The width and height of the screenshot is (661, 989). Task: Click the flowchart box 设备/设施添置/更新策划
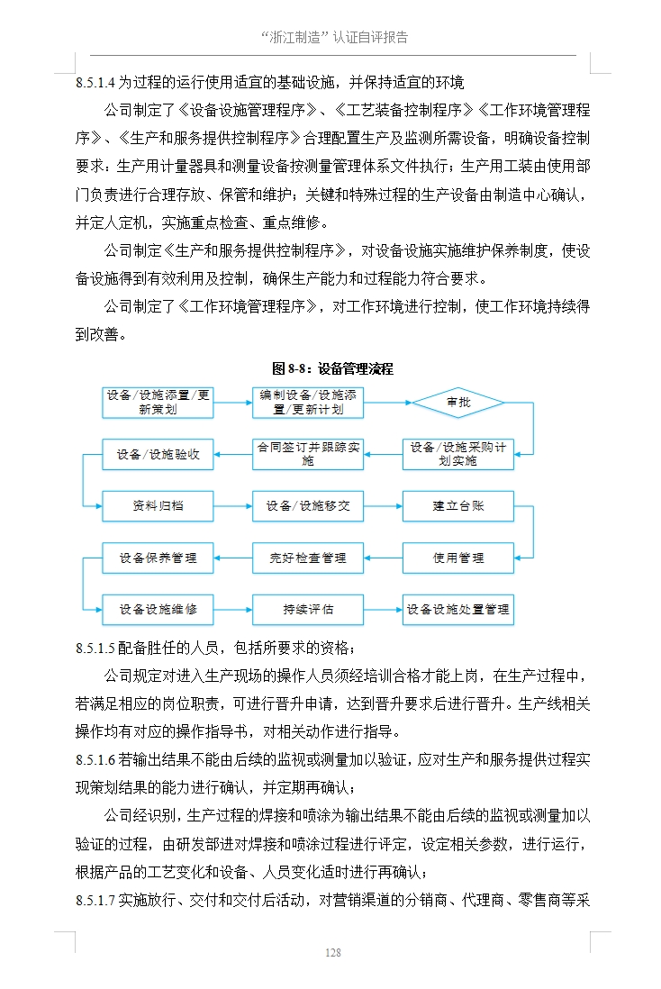coord(158,403)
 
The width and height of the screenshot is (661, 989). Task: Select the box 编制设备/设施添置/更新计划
coord(308,403)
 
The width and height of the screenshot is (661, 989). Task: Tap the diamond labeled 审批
coord(458,403)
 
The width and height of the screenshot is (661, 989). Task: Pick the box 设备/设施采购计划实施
coord(457,454)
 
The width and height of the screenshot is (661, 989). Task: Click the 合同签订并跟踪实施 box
coord(308,454)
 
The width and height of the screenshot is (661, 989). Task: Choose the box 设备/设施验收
coord(158,454)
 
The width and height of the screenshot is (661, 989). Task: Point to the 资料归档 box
coord(158,506)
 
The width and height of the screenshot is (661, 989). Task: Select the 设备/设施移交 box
coord(308,506)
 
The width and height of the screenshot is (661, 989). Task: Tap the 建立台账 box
coord(457,506)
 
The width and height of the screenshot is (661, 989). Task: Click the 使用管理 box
coord(457,558)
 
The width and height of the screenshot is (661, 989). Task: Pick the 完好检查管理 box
coord(308,558)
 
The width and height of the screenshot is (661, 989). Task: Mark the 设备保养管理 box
coord(158,558)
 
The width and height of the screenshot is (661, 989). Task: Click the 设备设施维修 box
coord(158,610)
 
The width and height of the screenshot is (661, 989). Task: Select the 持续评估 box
coord(308,610)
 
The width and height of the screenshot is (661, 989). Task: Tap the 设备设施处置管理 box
coord(457,610)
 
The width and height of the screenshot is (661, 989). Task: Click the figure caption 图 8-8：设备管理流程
coord(332,368)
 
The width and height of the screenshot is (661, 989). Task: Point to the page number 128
coord(332,953)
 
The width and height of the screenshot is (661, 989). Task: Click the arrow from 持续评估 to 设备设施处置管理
coord(383,610)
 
